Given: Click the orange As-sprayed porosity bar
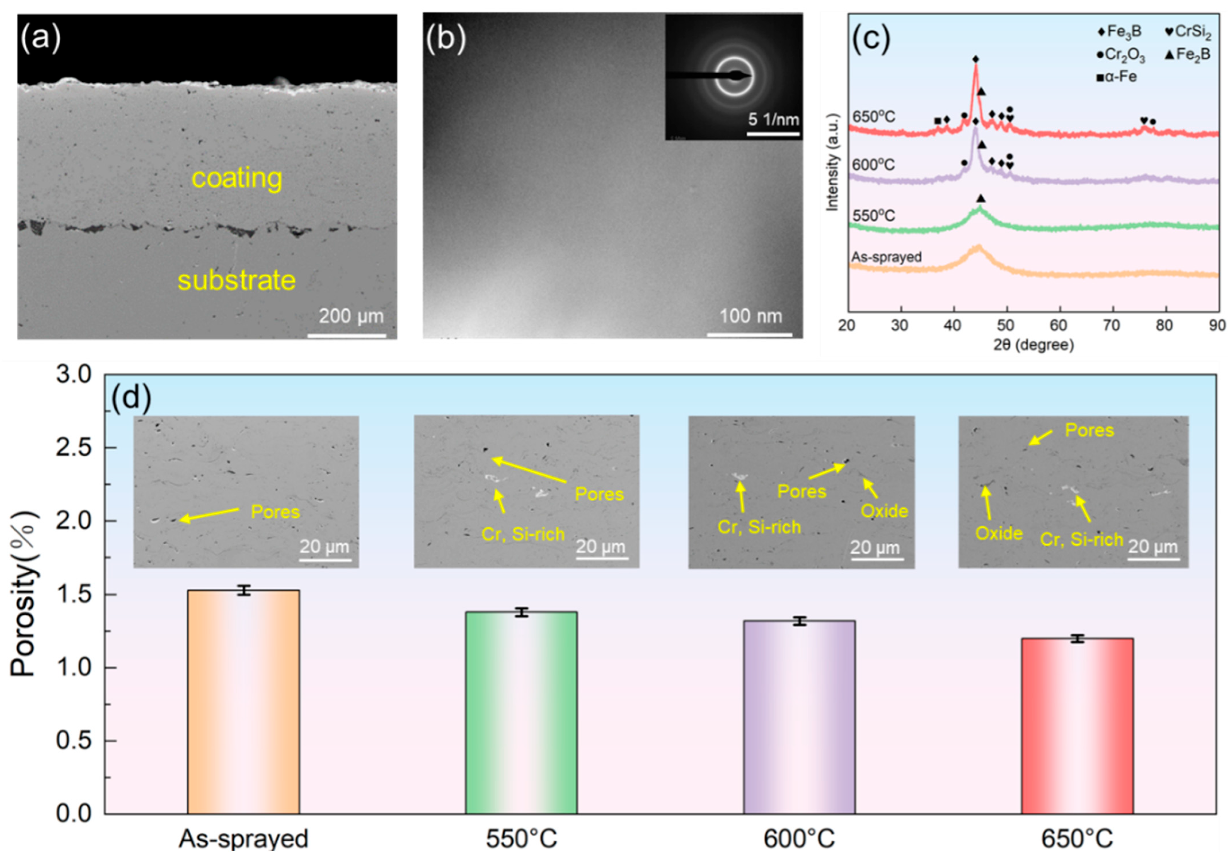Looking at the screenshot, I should pyautogui.click(x=243, y=701).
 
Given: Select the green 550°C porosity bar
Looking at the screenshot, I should pyautogui.click(x=521, y=712).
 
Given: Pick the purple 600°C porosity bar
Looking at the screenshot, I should pyautogui.click(x=799, y=717).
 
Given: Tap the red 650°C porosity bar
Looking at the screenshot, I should pyautogui.click(x=1077, y=725).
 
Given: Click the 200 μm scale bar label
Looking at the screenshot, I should pyautogui.click(x=351, y=316).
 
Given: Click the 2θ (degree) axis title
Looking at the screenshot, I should pyautogui.click(x=1033, y=345).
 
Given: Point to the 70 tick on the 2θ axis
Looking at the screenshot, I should pyautogui.click(x=1112, y=325).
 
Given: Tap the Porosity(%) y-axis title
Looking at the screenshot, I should pyautogui.click(x=24, y=594).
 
